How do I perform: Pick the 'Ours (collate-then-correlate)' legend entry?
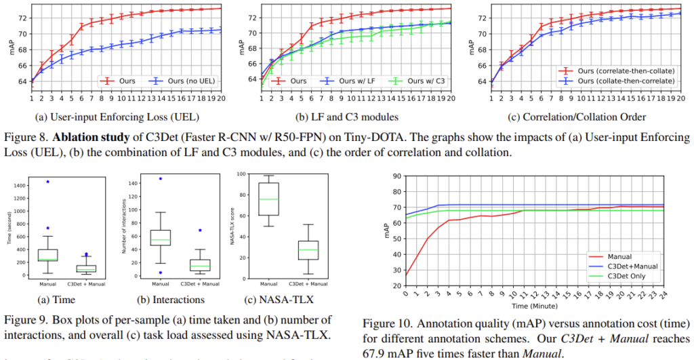(x=625, y=80)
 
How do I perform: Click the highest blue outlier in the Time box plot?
(x=48, y=182)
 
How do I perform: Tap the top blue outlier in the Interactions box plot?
(x=161, y=179)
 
